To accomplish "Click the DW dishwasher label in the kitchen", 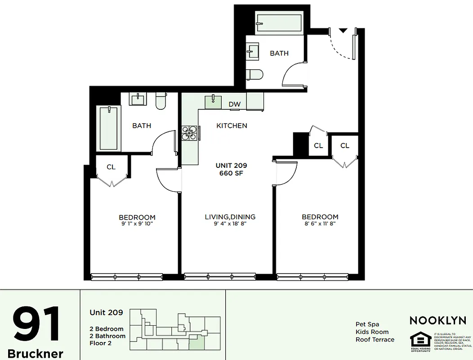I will click(x=234, y=104).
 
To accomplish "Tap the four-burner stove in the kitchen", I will click(x=189, y=133).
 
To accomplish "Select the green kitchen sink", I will click(x=213, y=102).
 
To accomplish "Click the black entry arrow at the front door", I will click(x=343, y=30).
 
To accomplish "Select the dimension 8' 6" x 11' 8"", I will click(x=320, y=224).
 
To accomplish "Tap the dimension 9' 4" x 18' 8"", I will click(x=230, y=224).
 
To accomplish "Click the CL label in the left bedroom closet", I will click(x=111, y=167).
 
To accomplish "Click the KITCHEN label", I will click(x=232, y=126).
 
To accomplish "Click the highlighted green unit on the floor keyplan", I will click(x=196, y=343).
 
